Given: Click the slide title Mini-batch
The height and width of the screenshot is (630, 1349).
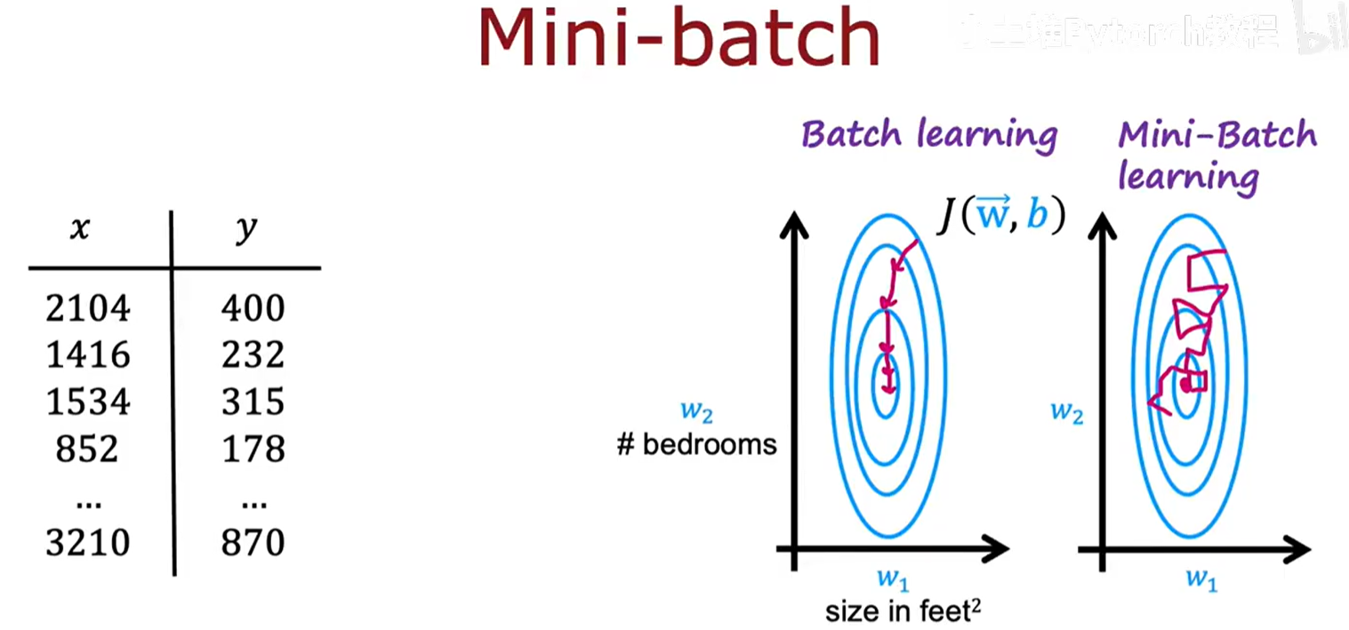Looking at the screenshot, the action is (679, 40).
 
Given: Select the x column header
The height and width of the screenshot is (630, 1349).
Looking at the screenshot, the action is (80, 230).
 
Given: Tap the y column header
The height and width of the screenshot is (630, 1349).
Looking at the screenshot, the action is (245, 230).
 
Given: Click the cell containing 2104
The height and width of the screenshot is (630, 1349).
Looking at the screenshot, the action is (88, 308).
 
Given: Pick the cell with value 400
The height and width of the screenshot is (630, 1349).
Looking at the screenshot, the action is (253, 308).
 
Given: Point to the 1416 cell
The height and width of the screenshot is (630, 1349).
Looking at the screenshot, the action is (88, 355).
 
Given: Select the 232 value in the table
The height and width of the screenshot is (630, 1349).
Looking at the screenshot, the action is (253, 355).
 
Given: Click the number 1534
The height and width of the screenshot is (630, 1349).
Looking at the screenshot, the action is (88, 402).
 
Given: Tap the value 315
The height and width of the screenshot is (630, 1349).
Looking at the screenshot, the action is (253, 402).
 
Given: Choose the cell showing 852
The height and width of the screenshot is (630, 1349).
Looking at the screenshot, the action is (87, 449).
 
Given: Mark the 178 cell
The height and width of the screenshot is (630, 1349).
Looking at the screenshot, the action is (253, 449).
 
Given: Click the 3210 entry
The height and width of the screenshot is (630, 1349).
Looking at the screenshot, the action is (88, 542).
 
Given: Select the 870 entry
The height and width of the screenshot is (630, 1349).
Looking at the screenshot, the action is (253, 542).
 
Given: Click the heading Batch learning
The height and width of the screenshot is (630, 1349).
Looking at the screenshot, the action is (929, 135).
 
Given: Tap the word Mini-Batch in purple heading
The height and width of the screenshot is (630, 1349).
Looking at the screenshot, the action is (1217, 136).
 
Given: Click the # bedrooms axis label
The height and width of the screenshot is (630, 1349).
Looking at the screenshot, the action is (696, 444).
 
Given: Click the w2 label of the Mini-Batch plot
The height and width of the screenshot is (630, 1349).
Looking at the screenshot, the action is (1066, 411).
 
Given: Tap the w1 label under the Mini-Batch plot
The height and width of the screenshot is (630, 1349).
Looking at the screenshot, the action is (1200, 579).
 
